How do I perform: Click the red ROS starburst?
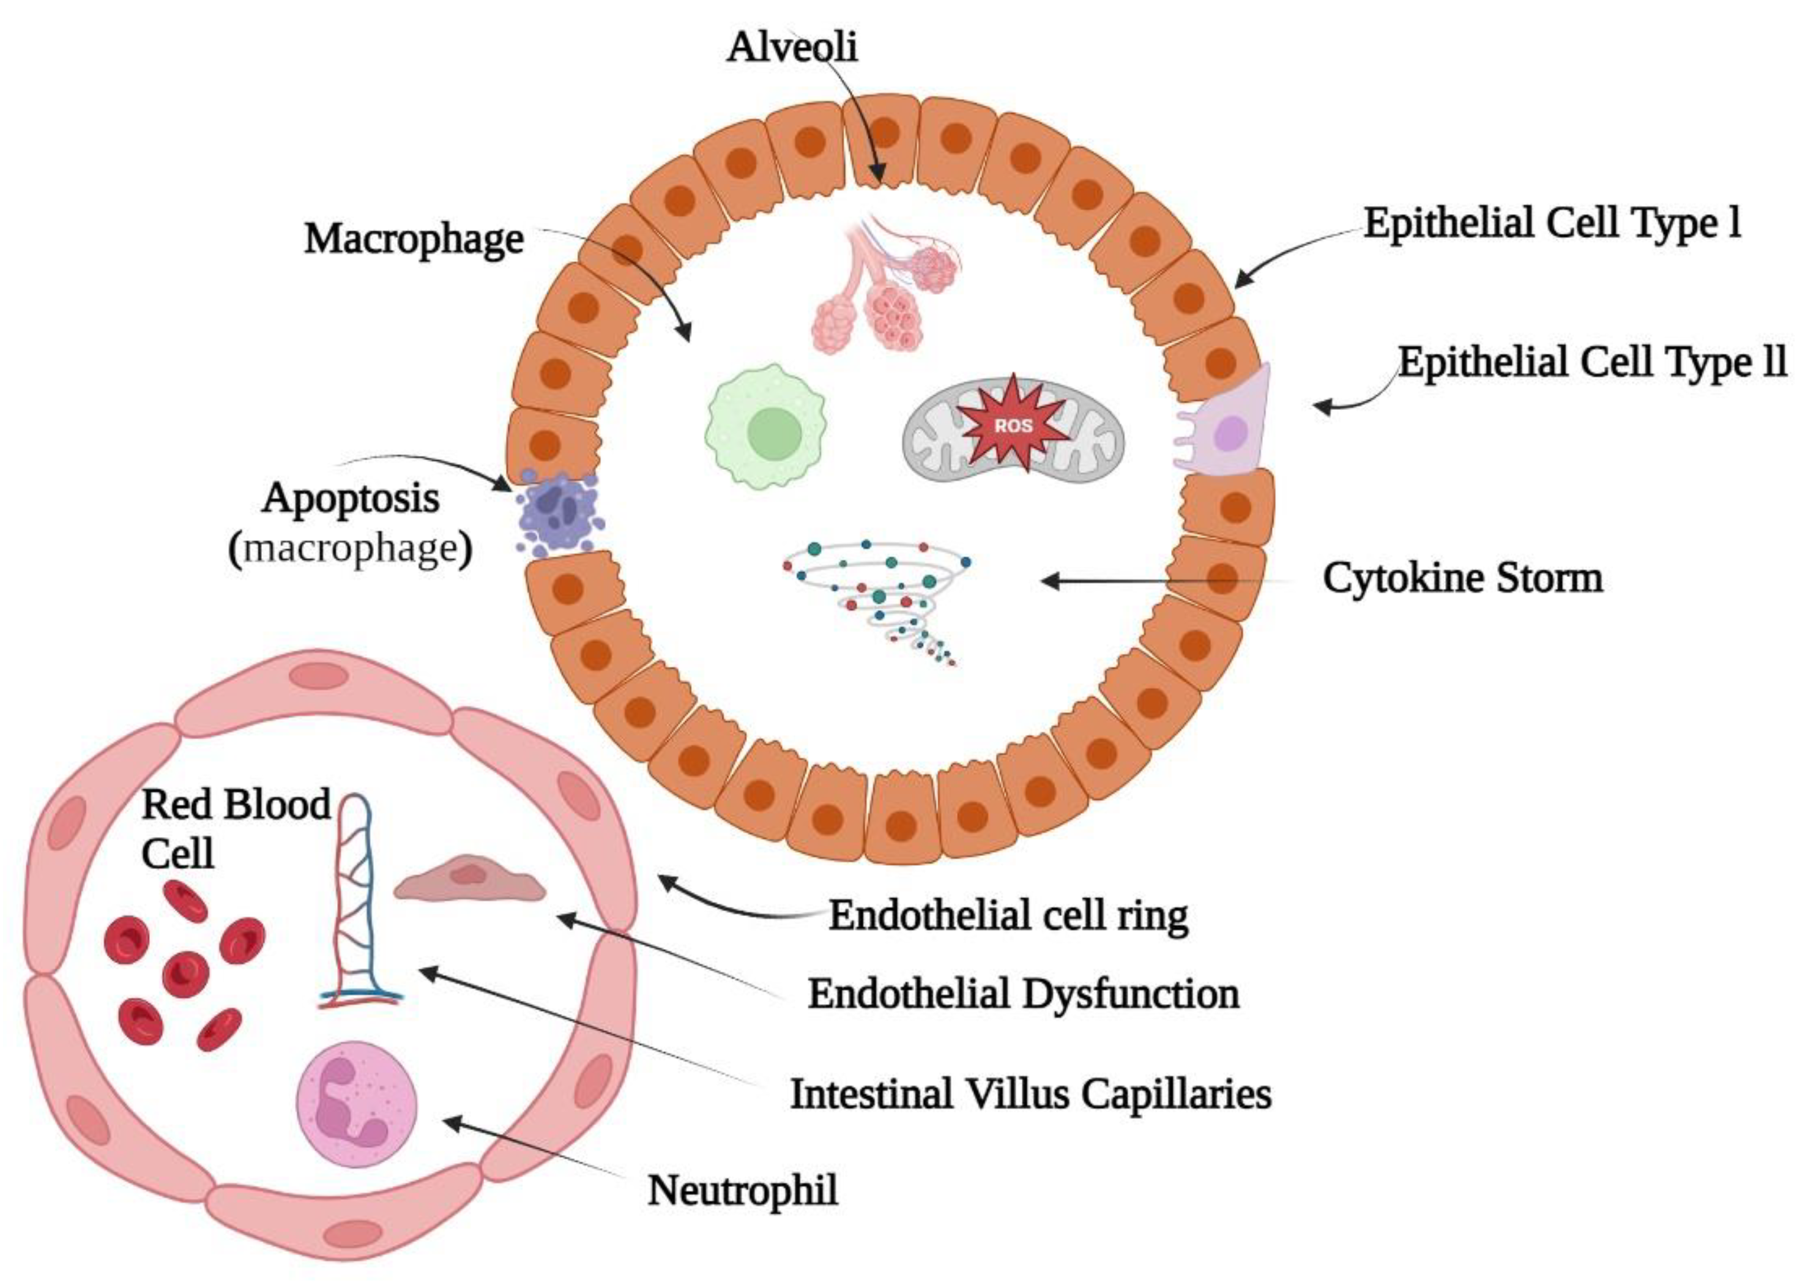click(1013, 424)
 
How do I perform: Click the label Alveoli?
click(791, 48)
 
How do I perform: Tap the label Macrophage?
click(414, 238)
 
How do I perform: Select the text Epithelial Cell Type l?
click(1552, 225)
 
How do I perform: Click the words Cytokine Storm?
click(1462, 578)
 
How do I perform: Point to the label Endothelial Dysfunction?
click(1023, 993)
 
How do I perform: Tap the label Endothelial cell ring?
click(1008, 915)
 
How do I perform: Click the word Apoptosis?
click(351, 499)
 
